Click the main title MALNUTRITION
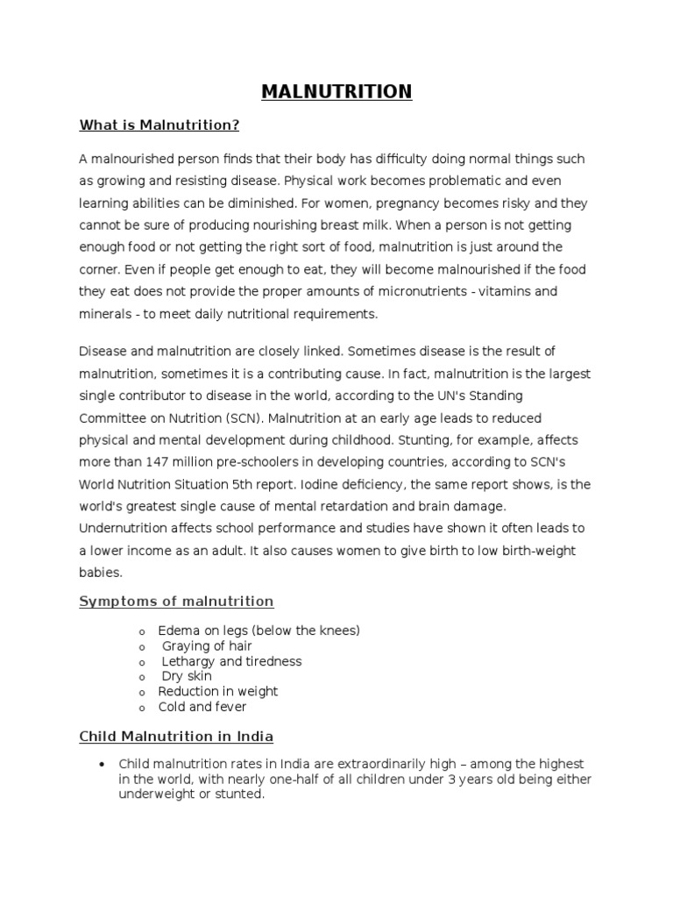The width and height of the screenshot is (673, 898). pos(336,91)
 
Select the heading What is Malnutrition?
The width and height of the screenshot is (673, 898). pos(159,125)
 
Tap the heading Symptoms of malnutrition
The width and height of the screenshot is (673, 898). pos(176,601)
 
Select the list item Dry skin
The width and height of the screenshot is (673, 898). pos(187,676)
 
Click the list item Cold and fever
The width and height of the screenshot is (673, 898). pos(202,707)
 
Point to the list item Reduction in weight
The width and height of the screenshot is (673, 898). pos(218,692)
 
